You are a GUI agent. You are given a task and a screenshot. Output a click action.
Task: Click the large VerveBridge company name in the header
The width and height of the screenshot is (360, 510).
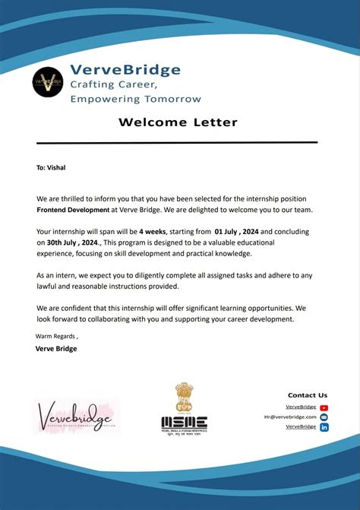pos(125,70)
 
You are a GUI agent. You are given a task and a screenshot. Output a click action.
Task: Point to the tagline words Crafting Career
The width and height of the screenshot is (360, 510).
pos(113,84)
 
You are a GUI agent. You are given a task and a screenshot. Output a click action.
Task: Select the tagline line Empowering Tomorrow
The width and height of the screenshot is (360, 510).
pos(135,99)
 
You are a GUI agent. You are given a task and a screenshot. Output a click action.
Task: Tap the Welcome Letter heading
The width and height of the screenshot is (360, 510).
pos(178,122)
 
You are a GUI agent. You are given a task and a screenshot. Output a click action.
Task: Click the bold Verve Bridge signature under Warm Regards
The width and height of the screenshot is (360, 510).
pos(56,349)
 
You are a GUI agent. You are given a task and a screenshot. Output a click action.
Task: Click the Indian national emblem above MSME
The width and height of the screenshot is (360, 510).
pos(184,398)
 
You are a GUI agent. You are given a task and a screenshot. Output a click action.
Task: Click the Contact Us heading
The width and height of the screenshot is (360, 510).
pos(308,395)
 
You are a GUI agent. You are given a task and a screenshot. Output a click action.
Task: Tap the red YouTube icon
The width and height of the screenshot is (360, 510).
pos(324,407)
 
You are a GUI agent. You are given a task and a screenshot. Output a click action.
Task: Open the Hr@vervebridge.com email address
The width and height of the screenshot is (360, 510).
pos(289,417)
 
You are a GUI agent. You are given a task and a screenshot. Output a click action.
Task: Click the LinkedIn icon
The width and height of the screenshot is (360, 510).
pos(324,427)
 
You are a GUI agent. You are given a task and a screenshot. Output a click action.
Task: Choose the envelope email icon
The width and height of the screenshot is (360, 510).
pos(324,417)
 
